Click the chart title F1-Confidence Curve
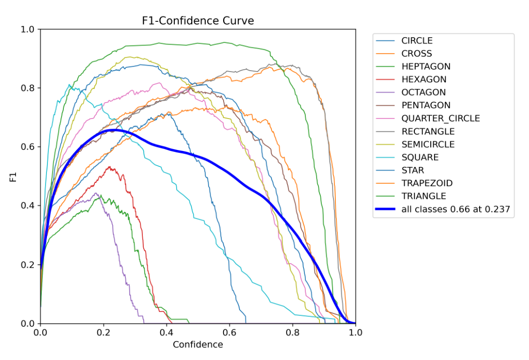(x=197, y=21)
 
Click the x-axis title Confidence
(x=197, y=345)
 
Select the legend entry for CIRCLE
(x=417, y=41)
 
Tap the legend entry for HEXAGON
(x=423, y=79)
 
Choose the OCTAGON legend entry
(x=423, y=92)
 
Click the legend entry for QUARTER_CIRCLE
(x=440, y=119)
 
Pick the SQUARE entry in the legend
(x=420, y=157)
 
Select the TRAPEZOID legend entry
(x=427, y=183)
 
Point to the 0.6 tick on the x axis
(x=229, y=333)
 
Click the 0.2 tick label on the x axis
(x=104, y=333)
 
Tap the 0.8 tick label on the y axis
(x=28, y=88)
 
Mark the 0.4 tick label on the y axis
(x=28, y=206)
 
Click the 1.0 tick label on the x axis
(x=355, y=333)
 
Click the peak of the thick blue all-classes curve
(x=115, y=130)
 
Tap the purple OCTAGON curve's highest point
(x=95, y=194)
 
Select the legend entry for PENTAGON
(x=425, y=105)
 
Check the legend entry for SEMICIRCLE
(x=428, y=144)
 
